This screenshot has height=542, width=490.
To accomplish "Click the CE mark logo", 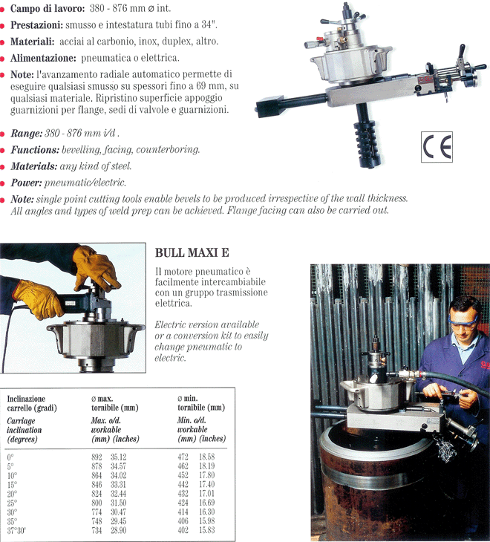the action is coord(437,146).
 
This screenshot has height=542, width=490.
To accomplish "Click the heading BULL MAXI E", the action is coord(192,252).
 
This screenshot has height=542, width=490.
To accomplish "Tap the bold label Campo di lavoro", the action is coord(48,8).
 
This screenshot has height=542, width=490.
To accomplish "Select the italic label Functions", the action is coord(35,150).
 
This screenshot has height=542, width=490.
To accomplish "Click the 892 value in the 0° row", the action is coord(97,457).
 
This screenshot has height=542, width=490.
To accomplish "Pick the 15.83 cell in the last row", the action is coord(206,530).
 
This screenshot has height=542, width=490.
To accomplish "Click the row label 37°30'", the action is coord(16,530).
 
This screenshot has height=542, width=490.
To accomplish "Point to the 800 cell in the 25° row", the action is coord(97,503).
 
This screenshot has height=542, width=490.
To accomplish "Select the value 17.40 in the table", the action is coord(206,484).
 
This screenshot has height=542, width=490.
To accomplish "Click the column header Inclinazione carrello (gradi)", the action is coord(32,403).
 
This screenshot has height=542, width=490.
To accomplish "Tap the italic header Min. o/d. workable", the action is coord(192,425).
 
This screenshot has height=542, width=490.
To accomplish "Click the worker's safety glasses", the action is coord(463,321).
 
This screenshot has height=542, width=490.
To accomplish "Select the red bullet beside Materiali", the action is coord(2,42).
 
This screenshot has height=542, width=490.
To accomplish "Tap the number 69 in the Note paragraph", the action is coord(200,85).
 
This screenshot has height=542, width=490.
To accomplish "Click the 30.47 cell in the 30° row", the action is coord(118,512).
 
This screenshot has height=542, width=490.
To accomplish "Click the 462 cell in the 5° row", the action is coord(183,466).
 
